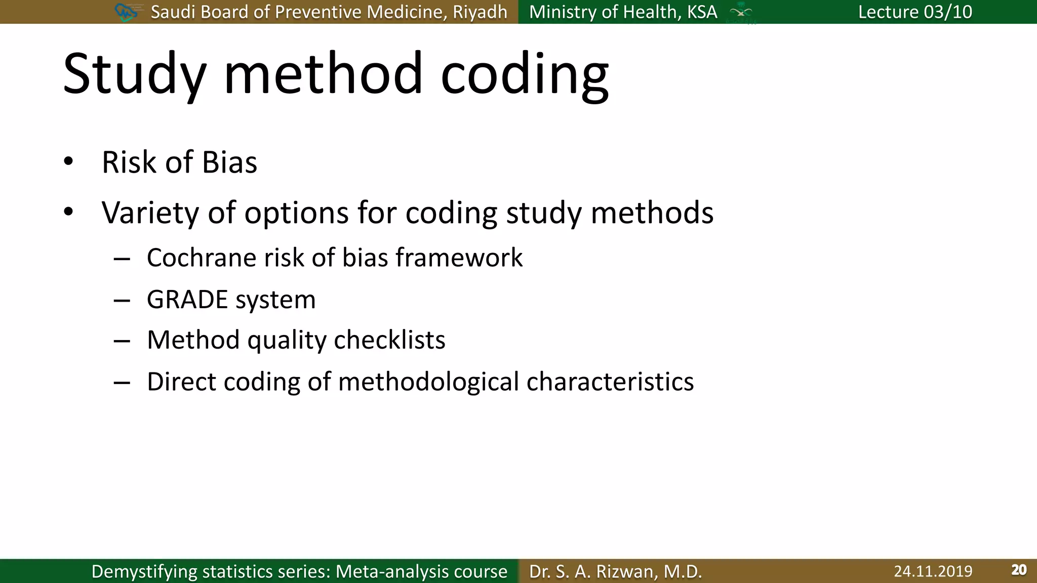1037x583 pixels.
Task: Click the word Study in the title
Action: pos(135,75)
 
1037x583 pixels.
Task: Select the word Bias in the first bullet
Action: pos(229,162)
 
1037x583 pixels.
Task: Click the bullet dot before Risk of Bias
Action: pos(68,162)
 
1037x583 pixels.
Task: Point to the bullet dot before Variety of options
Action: pos(68,212)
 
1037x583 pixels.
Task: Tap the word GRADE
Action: pos(187,299)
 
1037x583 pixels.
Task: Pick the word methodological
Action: pos(428,382)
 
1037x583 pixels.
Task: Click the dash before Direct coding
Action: pos(122,383)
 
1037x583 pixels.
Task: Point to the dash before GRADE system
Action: pos(122,301)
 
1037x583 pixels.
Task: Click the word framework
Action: pos(459,258)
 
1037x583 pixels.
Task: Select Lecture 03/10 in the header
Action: pos(915,12)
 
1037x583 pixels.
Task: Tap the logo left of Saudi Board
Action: pos(126,12)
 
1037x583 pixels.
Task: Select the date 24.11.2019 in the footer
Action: pos(933,571)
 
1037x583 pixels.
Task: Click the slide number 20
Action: pos(1018,570)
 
